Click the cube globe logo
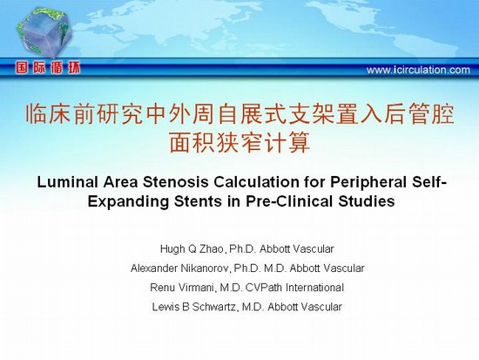[44, 32]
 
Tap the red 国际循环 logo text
[48, 68]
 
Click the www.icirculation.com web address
[418, 70]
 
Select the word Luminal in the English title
[67, 182]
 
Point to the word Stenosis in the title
[176, 182]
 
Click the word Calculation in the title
[256, 182]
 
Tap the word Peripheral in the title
[368, 183]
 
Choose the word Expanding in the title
[128, 202]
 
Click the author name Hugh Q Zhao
[192, 249]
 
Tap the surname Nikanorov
[205, 268]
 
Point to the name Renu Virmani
[182, 288]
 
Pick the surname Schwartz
[214, 307]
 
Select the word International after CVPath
[314, 288]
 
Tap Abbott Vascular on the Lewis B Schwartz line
[305, 307]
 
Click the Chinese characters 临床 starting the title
[48, 114]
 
